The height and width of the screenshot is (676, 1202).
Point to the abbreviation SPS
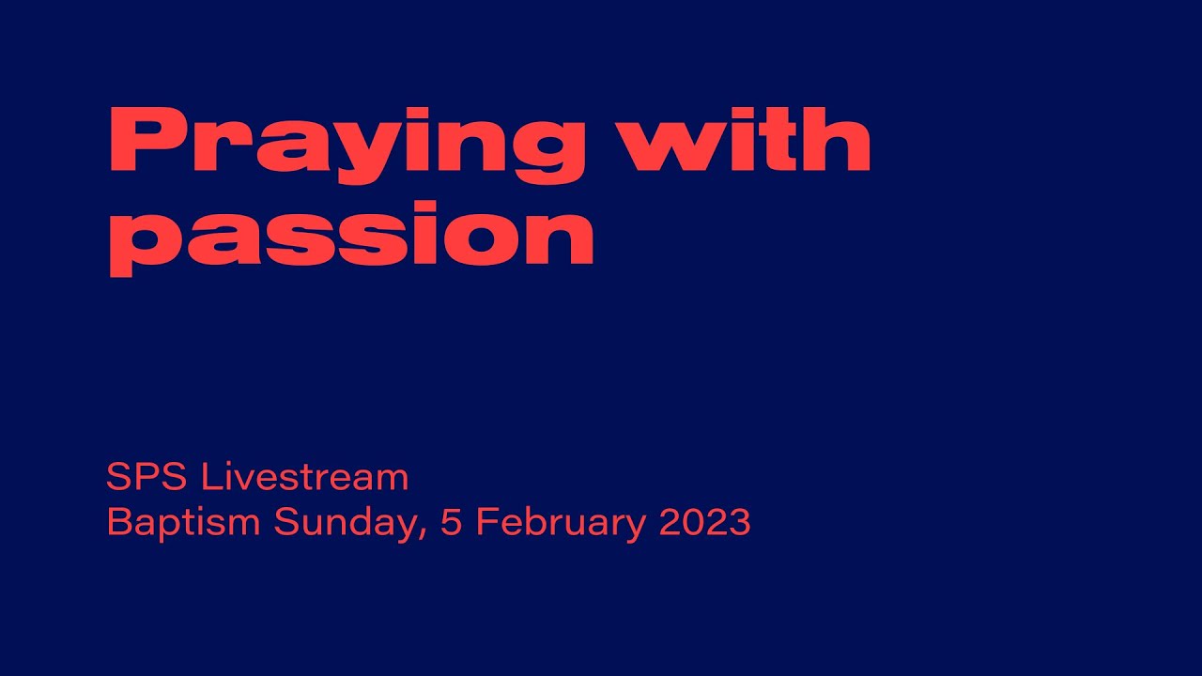click(147, 477)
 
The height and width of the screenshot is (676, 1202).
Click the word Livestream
click(305, 477)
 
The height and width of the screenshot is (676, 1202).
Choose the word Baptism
click(184, 523)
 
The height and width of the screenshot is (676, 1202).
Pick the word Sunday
click(343, 523)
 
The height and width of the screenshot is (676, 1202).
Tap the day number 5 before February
click(451, 523)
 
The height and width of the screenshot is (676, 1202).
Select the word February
click(560, 523)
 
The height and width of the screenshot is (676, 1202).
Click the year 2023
click(705, 523)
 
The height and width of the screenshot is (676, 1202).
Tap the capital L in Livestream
click(208, 477)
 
